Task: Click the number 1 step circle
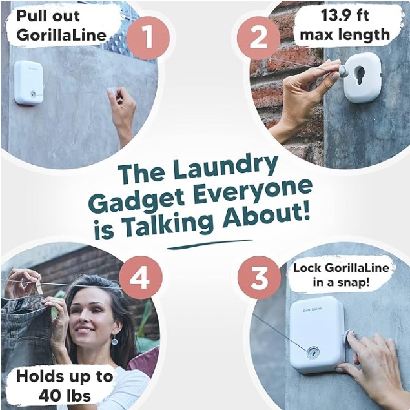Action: point(148,38)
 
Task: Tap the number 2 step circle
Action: point(259,38)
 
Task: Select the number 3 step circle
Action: point(259,278)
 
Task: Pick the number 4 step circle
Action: point(141,278)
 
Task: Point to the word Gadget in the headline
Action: point(139,201)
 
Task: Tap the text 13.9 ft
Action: point(345,15)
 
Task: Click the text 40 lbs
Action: point(65,396)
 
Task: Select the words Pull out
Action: point(48,16)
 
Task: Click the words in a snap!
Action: point(342,282)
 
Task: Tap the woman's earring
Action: point(114,341)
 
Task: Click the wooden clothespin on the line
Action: point(39,287)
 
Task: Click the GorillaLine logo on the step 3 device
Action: point(313,309)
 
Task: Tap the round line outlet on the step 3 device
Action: point(313,353)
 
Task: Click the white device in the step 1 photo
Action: point(29,83)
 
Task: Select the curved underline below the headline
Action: point(209,244)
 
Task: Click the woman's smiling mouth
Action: point(85,330)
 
